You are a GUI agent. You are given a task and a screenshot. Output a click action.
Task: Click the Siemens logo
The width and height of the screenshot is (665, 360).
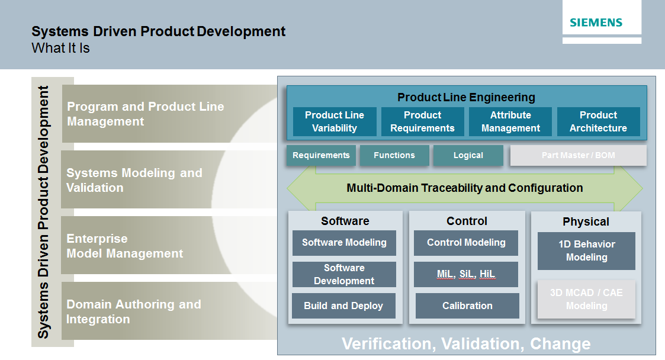click(x=596, y=23)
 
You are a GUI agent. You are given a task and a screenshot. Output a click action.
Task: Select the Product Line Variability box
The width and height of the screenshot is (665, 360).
click(x=335, y=121)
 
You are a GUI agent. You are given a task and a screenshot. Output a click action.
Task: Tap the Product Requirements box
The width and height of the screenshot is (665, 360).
click(x=422, y=121)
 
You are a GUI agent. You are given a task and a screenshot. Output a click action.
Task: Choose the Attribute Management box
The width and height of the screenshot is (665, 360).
click(x=510, y=121)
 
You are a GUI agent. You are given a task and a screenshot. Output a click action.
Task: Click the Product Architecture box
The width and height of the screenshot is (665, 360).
click(x=598, y=121)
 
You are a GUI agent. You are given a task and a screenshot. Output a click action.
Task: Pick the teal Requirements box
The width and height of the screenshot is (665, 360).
click(x=321, y=155)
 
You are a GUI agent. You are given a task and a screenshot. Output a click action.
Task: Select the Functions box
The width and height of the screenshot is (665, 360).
click(x=394, y=155)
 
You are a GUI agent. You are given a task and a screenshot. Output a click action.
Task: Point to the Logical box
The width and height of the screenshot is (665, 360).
click(x=468, y=155)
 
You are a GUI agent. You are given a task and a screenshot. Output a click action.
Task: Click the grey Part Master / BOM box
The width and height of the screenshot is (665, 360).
click(x=578, y=155)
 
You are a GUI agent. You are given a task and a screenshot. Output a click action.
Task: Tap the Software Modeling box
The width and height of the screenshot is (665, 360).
click(x=344, y=242)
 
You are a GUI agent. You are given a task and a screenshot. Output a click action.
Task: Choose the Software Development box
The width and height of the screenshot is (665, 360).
click(x=344, y=275)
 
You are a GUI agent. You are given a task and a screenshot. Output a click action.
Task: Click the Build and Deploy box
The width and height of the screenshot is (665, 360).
click(x=343, y=306)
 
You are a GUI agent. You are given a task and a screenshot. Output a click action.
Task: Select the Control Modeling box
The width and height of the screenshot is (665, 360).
click(x=466, y=242)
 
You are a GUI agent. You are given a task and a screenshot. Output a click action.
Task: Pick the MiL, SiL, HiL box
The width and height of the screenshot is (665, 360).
click(x=466, y=274)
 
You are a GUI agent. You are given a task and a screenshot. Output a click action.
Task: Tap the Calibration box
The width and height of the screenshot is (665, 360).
click(x=467, y=306)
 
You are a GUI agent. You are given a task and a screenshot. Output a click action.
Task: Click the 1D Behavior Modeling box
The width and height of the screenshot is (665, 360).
click(x=586, y=250)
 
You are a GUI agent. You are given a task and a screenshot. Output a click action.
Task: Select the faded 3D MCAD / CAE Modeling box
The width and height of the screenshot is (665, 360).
click(x=586, y=299)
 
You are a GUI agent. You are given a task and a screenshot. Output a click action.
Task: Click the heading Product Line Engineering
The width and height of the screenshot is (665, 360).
click(x=466, y=97)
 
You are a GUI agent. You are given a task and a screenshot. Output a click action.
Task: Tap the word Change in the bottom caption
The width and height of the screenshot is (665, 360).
click(x=560, y=344)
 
